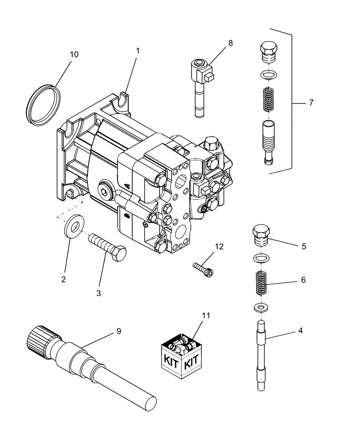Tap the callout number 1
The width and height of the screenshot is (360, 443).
[138, 51]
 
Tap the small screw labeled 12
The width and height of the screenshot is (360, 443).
[203, 269]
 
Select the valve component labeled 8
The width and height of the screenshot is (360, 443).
[201, 84]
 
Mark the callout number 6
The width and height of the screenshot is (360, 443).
[303, 280]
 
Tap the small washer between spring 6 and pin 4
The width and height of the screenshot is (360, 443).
[262, 307]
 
